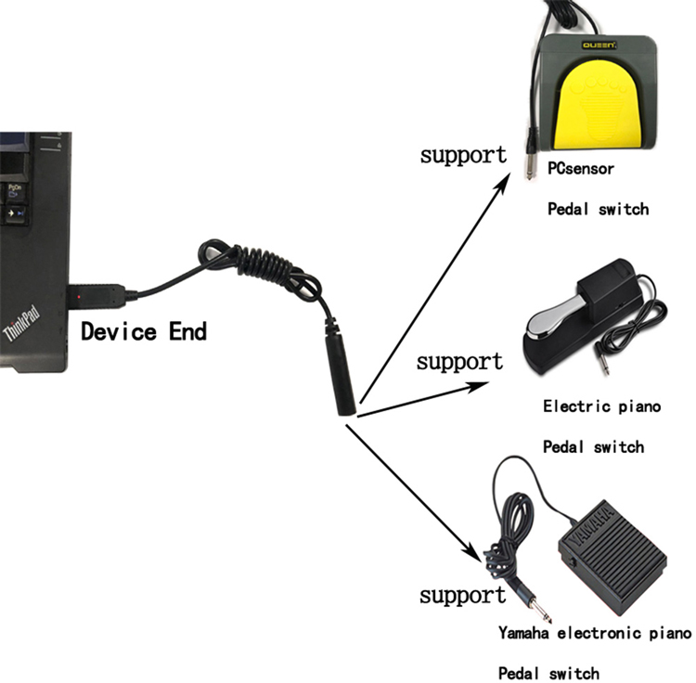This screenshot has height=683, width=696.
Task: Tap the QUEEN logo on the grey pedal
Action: coord(599,45)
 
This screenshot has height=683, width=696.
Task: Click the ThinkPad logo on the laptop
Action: coord(21,323)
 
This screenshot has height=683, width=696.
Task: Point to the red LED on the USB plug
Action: coord(79,296)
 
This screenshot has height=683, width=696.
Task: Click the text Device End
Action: coord(144,331)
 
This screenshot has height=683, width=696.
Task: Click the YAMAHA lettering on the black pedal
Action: coord(591,525)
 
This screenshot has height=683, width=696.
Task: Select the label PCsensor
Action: coord(581,169)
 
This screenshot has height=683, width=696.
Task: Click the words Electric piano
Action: coord(602,406)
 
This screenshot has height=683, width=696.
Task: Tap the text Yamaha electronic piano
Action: coord(595,633)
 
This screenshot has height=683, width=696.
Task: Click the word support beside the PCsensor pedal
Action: coord(463,155)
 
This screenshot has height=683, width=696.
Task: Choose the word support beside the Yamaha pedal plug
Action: coord(462,595)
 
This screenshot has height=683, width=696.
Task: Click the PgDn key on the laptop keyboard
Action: coord(15,191)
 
